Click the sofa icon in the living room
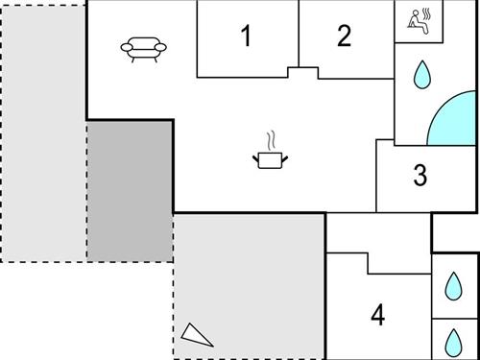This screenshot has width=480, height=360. tap(145, 49)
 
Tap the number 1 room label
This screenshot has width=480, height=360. tap(246, 37)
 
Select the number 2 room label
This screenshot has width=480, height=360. tap(344, 36)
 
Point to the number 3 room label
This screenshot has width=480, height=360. tap(420, 177)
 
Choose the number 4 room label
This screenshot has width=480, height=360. tap(378, 314)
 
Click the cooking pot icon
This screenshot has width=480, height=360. tap(270, 159)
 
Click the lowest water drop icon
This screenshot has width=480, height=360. tap(452, 341)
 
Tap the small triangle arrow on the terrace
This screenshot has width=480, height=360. tap(197, 333)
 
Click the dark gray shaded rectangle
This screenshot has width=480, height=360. tap(130, 190)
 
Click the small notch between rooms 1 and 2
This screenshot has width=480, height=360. tap(302, 72)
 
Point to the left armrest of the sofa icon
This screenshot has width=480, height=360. tap(127, 48)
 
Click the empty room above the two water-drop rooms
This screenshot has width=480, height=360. tap(455, 233)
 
